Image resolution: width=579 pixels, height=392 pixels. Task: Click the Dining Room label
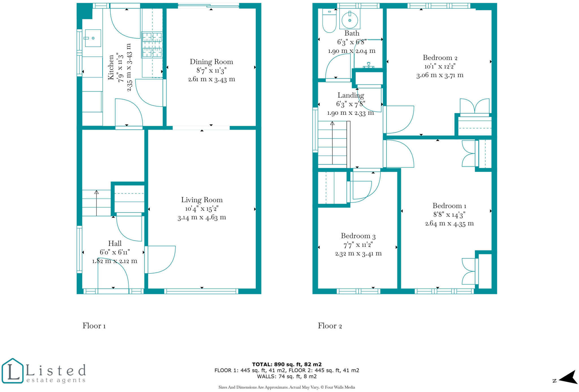(211, 62)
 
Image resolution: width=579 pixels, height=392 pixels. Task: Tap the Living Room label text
(202, 200)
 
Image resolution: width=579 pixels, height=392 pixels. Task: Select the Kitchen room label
(111, 67)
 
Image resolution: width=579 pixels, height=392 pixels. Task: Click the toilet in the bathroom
(329, 21)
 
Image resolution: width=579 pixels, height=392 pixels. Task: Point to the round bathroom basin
(350, 20)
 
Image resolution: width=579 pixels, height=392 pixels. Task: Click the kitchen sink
(93, 38)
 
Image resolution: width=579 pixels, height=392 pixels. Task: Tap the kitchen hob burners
(152, 45)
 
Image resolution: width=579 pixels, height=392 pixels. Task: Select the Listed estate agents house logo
(12, 371)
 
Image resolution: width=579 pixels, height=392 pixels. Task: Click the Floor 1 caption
(94, 326)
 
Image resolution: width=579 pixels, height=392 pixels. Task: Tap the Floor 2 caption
(330, 326)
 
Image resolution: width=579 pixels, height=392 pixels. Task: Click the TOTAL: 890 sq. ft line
(287, 364)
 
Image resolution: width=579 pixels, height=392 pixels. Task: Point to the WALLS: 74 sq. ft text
(287, 376)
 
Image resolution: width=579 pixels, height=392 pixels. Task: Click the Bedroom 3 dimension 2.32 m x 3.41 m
(358, 253)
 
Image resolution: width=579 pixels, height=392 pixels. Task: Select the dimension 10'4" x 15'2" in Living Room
(202, 209)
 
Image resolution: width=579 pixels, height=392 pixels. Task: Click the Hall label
(115, 243)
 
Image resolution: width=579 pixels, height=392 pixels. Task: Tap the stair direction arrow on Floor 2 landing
(332, 141)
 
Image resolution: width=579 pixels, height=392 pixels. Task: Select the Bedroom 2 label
(440, 58)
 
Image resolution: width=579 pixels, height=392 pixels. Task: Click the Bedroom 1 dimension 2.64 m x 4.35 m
(449, 223)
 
